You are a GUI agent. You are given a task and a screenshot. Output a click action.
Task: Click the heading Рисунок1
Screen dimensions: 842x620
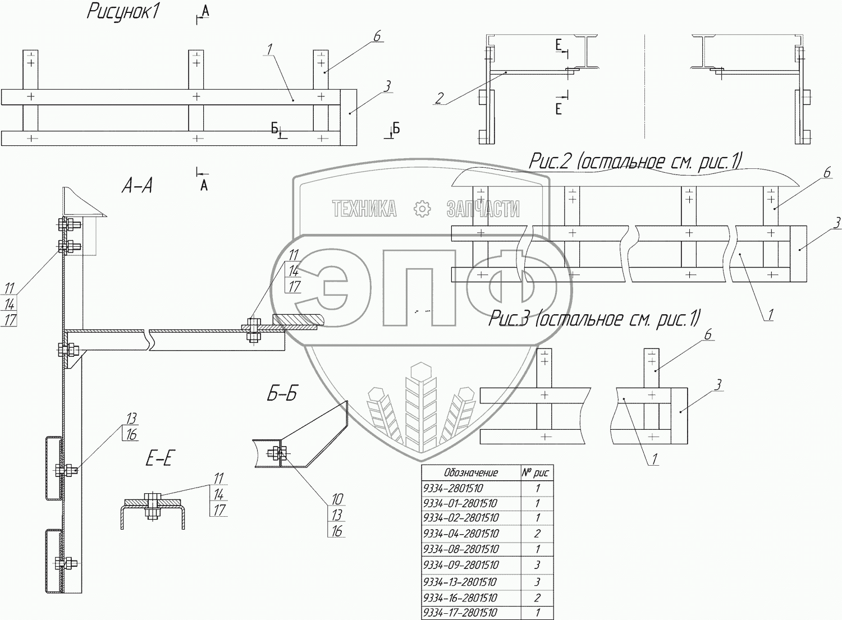[x=122, y=12]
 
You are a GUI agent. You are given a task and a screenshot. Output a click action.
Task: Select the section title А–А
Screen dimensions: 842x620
[x=137, y=186]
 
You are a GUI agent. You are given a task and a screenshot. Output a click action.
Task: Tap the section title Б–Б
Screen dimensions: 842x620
[x=282, y=394]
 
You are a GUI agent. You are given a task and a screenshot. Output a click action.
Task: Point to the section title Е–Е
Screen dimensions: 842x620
[x=159, y=459]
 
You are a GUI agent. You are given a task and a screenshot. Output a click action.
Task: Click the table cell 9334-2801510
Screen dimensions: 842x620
[x=454, y=489]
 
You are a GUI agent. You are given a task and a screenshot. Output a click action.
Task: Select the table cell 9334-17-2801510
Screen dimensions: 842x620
[x=460, y=613]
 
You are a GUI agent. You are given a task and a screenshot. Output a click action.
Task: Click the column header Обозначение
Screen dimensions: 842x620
[x=471, y=472]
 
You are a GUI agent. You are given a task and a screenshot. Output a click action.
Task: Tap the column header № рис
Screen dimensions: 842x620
[x=536, y=472]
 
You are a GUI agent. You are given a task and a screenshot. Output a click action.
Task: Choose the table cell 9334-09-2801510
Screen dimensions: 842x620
[x=461, y=565]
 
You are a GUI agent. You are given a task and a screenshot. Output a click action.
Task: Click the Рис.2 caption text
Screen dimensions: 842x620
[x=635, y=162]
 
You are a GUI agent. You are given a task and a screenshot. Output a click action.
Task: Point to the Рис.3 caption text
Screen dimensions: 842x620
[x=594, y=318]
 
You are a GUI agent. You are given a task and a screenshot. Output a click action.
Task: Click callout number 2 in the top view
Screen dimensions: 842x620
[x=439, y=98]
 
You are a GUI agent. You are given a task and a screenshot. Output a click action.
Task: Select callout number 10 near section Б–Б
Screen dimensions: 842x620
[x=337, y=499]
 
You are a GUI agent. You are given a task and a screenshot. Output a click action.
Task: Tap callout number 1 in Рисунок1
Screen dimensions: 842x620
[x=269, y=49]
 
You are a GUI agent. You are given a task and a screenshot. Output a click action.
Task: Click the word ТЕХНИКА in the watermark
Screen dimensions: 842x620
[x=364, y=209]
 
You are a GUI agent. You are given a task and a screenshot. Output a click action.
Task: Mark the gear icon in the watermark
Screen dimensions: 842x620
[x=422, y=209]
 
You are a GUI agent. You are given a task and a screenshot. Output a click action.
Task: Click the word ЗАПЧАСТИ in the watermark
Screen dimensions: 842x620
[x=483, y=209]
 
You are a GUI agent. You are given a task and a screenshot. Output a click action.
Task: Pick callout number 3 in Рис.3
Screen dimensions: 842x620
[x=718, y=385]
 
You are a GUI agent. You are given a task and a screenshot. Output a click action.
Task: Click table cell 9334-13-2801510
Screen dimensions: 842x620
[x=460, y=582]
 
